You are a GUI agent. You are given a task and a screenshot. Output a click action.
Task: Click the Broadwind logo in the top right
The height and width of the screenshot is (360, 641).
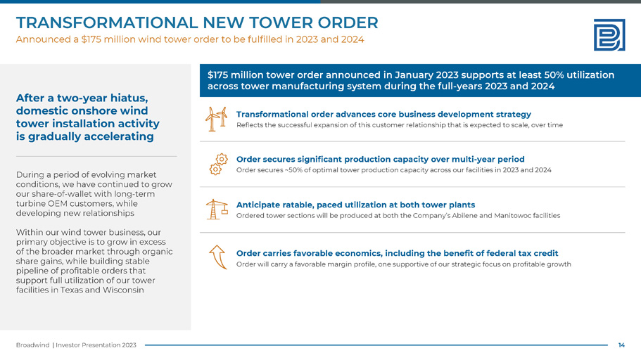(x=609, y=34)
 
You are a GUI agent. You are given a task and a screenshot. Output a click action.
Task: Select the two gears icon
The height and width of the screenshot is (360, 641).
(x=219, y=163)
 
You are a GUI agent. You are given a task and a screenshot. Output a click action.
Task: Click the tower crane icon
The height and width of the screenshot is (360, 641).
(x=217, y=209)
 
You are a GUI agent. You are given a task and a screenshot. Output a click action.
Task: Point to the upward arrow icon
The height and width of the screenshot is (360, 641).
(x=218, y=257)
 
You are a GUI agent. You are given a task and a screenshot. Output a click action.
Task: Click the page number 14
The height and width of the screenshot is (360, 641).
(x=621, y=345)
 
